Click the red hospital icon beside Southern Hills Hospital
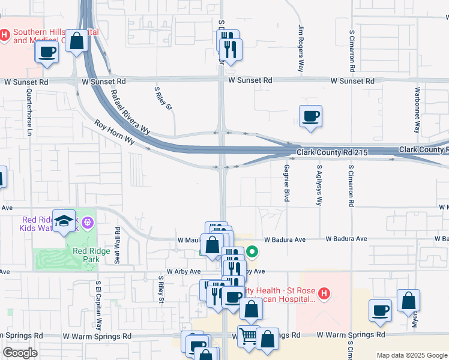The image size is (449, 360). click(x=5, y=35)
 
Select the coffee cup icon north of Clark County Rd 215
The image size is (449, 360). click(x=310, y=116)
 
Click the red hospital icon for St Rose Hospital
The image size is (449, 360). click(x=324, y=294)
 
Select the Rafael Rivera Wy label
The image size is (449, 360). click(x=131, y=112)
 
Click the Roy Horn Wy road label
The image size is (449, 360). click(x=114, y=131)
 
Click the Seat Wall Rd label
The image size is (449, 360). click(x=118, y=244)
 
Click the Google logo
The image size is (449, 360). click(x=20, y=353)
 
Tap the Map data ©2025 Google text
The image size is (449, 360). click(x=412, y=355)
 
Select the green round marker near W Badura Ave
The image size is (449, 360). click(x=253, y=253)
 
